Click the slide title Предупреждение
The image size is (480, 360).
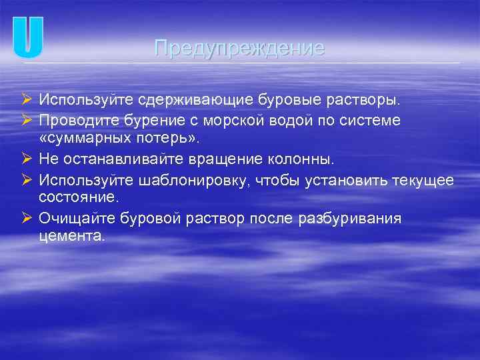point(239,48)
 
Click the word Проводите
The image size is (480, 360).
point(75,119)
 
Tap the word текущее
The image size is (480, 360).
point(422,180)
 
